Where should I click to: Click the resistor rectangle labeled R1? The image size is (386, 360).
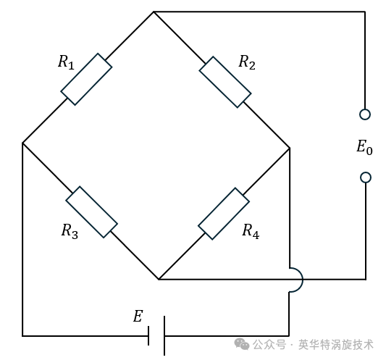coord(86,79)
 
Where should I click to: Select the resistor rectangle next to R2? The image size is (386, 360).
coord(225,83)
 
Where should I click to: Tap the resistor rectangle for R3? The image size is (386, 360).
coord(91,212)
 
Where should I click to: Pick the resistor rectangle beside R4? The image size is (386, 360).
coord(224,214)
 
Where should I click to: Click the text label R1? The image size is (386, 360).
coord(66,62)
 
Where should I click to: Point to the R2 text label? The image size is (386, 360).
coord(247,62)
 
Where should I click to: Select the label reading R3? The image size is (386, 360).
coord(70,231)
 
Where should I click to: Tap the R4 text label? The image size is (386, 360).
coord(251,231)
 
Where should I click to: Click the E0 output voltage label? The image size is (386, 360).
coord(364,147)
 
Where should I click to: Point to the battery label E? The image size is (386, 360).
coord(138,316)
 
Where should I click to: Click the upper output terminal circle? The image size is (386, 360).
coord(365,114)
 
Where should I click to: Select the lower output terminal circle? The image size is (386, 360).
coord(366,177)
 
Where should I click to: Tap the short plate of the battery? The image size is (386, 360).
coord(148,336)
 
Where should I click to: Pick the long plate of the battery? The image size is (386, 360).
coord(164,336)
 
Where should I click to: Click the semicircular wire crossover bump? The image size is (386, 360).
coord(303,280)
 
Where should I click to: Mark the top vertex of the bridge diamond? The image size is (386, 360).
coord(154,12)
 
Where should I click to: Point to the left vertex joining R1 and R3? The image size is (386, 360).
coord(22,143)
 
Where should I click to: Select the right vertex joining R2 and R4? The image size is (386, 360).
coord(290,148)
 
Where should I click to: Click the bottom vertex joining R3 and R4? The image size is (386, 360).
coord(159,280)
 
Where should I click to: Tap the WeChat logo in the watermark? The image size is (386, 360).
coord(242,344)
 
